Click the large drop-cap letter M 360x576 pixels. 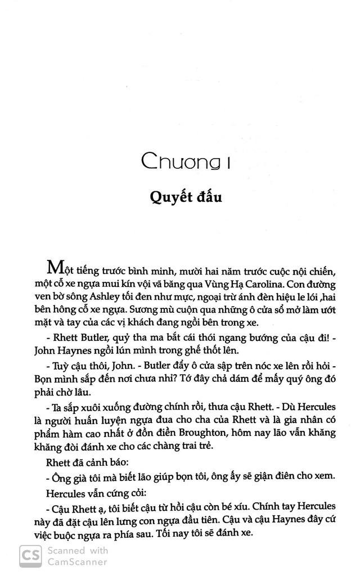[x=56, y=265]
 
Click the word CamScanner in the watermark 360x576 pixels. [x=76, y=561]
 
